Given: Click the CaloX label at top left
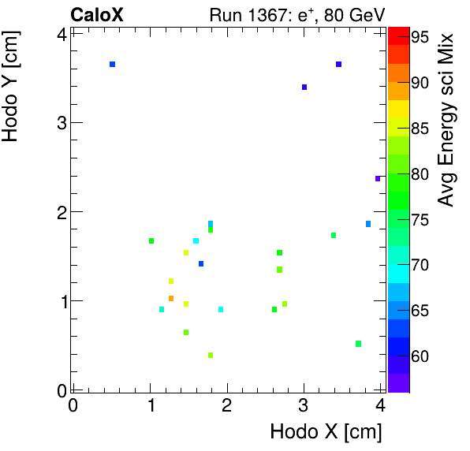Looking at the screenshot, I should [97, 14].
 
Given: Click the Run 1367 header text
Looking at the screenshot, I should [296, 14].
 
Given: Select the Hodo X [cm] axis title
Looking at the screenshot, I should [326, 432].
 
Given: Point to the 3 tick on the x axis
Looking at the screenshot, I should [304, 405].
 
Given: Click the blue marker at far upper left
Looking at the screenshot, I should [113, 64].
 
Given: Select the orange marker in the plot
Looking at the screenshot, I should [171, 298].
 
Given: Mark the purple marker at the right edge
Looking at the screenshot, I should [378, 178].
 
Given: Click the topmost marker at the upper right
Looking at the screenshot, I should [338, 64].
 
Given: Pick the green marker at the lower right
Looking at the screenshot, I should [358, 343].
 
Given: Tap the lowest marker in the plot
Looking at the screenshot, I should [211, 355].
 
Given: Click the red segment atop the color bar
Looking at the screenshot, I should [398, 32].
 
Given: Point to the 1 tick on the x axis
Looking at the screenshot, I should [150, 405].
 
